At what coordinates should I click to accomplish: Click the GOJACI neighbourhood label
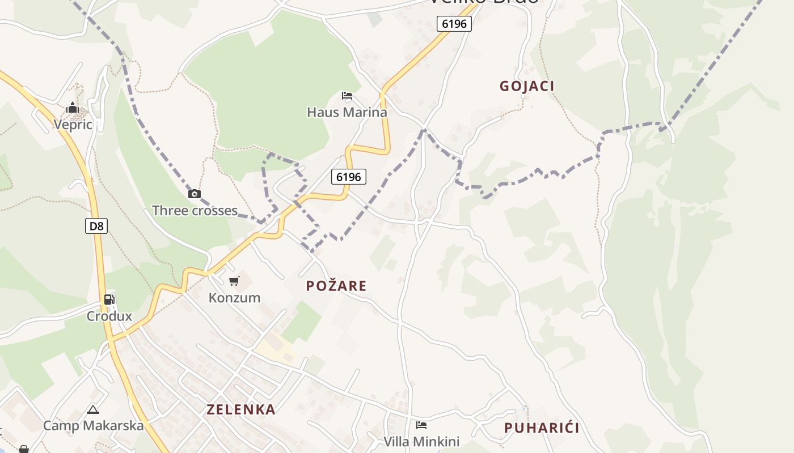[x=527, y=86]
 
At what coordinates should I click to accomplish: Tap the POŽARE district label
[x=336, y=286]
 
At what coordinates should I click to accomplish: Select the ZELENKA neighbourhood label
[x=241, y=409]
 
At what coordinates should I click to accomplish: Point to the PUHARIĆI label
[x=542, y=428]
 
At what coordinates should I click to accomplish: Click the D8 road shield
[x=97, y=226]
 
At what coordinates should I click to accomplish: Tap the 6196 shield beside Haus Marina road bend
[x=349, y=177]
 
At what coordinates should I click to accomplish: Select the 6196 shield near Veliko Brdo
[x=454, y=24]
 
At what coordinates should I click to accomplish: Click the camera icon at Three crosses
[x=195, y=194]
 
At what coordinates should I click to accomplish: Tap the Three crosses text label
[x=195, y=211]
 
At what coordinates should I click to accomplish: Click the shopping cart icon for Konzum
[x=234, y=281]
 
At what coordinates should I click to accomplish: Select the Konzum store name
[x=234, y=297]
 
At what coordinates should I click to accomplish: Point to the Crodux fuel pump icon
[x=109, y=300]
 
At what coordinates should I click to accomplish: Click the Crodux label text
[x=109, y=316]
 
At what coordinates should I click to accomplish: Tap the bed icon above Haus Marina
[x=347, y=95]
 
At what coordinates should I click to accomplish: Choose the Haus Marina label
[x=347, y=112]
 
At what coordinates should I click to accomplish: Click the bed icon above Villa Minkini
[x=421, y=425]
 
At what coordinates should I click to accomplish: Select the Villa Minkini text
[x=421, y=442]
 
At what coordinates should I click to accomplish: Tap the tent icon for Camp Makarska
[x=93, y=409]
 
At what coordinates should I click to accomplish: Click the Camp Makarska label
[x=93, y=425]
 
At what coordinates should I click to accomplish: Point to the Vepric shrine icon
[x=73, y=108]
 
